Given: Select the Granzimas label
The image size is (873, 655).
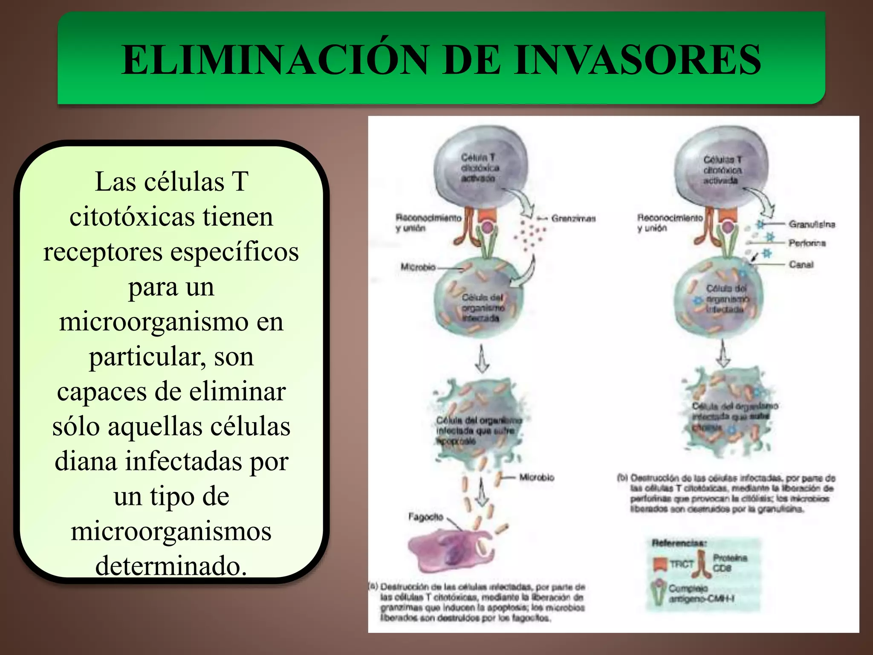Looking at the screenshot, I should (x=573, y=219).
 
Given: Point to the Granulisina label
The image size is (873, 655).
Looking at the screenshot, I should (x=812, y=224).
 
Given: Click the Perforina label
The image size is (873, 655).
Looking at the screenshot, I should (x=807, y=243).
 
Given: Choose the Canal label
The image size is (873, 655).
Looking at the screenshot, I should (x=801, y=264).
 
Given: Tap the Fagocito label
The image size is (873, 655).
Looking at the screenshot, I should (x=426, y=517).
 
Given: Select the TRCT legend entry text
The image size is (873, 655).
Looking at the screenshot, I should (x=682, y=564).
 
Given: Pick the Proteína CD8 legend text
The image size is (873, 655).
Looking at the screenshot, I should (x=730, y=563).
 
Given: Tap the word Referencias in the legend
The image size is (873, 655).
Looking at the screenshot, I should (x=679, y=543).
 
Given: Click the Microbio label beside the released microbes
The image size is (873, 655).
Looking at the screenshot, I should (x=537, y=478).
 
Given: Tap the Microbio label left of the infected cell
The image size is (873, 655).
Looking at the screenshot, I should (x=418, y=267).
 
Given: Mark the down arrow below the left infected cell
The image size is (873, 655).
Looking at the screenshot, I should (x=482, y=359).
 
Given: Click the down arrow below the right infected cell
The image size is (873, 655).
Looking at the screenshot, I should (x=723, y=354).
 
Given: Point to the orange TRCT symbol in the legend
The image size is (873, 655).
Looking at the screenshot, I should (x=660, y=564).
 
